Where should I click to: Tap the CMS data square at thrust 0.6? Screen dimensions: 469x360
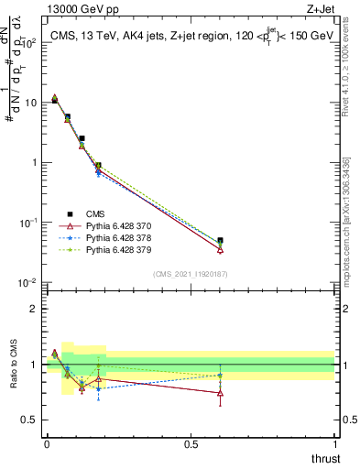tap(220, 241)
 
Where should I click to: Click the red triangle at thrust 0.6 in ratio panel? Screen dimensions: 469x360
tap(220, 393)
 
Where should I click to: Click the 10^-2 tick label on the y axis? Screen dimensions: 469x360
tap(27, 282)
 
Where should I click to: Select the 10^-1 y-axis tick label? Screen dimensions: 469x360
tap(27, 223)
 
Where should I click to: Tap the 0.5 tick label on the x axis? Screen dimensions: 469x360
tap(191, 444)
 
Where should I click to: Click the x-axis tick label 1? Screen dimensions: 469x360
tap(334, 444)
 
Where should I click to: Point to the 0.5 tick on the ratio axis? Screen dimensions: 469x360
tap(29, 420)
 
